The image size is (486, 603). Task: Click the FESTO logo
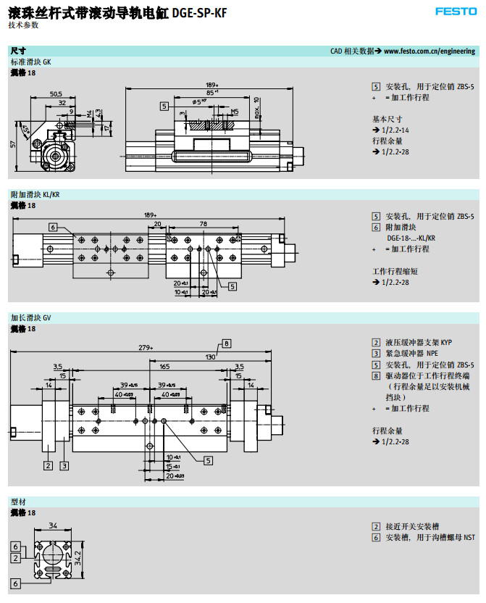454,11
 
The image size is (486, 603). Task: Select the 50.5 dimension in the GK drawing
56,94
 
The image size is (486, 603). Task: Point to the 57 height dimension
13,145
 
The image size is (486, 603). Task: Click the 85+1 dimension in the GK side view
212,93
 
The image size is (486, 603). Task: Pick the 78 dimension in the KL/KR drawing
204,224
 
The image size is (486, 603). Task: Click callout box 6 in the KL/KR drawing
53,227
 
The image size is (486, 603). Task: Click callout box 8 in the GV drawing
226,343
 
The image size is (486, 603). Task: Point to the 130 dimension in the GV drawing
210,357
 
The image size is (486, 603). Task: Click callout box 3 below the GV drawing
64,465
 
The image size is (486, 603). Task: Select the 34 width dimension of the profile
52,525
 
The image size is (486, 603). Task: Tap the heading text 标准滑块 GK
31,62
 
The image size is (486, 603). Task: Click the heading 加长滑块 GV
31,317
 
